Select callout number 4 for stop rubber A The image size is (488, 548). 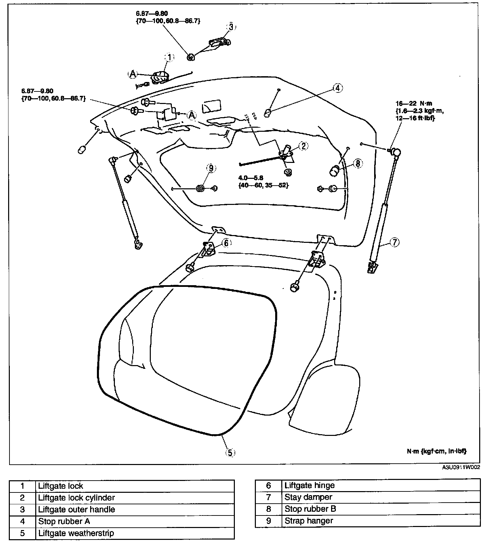(x=337, y=88)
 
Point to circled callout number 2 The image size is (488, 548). (x=303, y=146)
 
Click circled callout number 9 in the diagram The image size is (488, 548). (x=211, y=168)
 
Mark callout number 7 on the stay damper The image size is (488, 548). (x=395, y=242)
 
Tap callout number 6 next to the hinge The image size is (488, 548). (x=226, y=243)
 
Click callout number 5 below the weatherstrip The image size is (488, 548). (x=230, y=452)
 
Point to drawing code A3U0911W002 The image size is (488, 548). (x=461, y=468)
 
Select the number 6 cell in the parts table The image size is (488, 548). (x=268, y=485)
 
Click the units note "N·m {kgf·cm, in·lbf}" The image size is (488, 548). (x=436, y=451)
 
